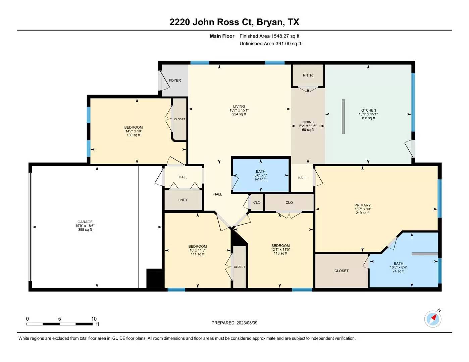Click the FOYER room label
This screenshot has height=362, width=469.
pyautogui.click(x=175, y=80)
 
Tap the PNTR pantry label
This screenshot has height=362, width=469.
pyautogui.click(x=308, y=75)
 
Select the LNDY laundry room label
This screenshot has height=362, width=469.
pyautogui.click(x=183, y=200)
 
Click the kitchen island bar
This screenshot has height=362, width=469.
pyautogui.click(x=343, y=117)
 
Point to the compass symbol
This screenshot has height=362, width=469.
pyautogui.click(x=433, y=318)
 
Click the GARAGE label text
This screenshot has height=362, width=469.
pyautogui.click(x=85, y=222)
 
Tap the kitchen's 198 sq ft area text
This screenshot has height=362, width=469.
pyautogui.click(x=368, y=118)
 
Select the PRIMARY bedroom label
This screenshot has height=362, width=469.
pyautogui.click(x=363, y=205)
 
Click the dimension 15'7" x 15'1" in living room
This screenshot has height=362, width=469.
pyautogui.click(x=239, y=110)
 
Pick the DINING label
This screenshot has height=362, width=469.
pyautogui.click(x=308, y=122)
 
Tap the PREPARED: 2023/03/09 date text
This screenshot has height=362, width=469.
pyautogui.click(x=235, y=323)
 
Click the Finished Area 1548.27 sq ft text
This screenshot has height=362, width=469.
pyautogui.click(x=269, y=36)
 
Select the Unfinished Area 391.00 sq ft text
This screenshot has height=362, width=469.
pyautogui.click(x=270, y=44)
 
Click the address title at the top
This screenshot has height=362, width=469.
pyautogui.click(x=235, y=22)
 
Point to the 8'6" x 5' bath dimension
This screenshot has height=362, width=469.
pyautogui.click(x=261, y=175)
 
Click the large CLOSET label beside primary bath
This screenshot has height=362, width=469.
pyautogui.click(x=342, y=271)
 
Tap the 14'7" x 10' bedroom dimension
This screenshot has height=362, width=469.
pyautogui.click(x=134, y=131)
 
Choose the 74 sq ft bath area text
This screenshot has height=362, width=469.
pyautogui.click(x=399, y=271)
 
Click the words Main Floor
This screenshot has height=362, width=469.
pyautogui.click(x=222, y=36)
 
